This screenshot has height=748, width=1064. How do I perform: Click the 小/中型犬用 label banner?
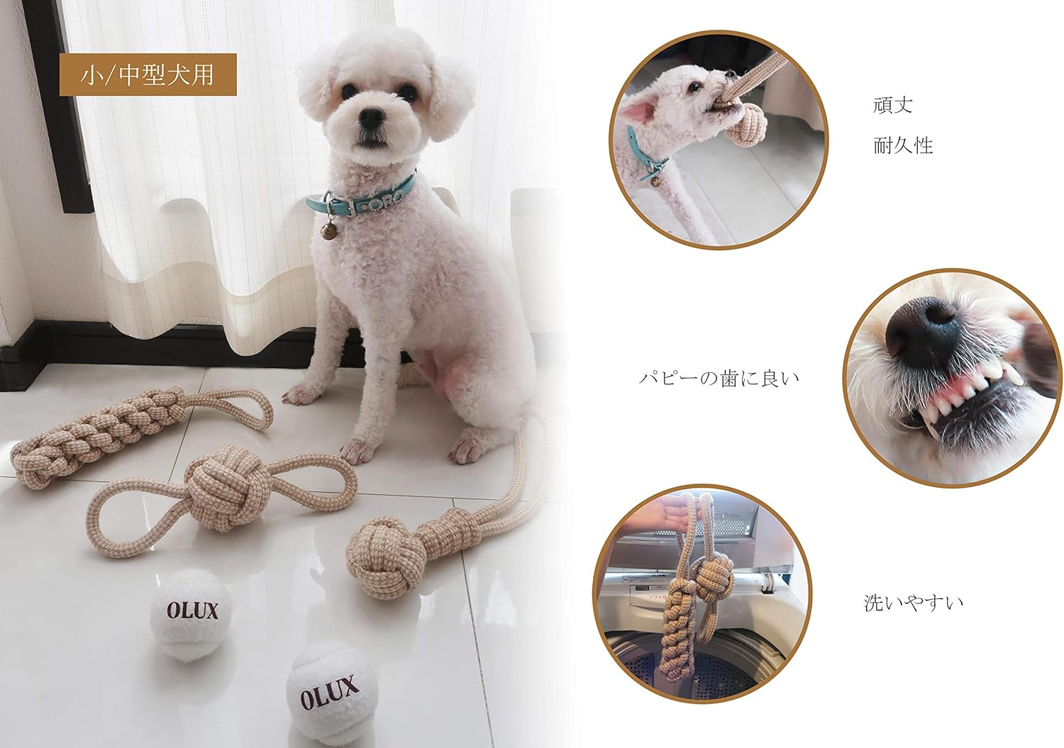coord(148,74)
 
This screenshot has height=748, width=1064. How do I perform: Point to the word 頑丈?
coord(892,106)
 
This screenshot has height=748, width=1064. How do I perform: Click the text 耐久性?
coord(902,146)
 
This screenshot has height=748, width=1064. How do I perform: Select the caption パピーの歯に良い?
coord(719,379)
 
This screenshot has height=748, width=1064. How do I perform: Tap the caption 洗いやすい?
coord(913,603)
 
